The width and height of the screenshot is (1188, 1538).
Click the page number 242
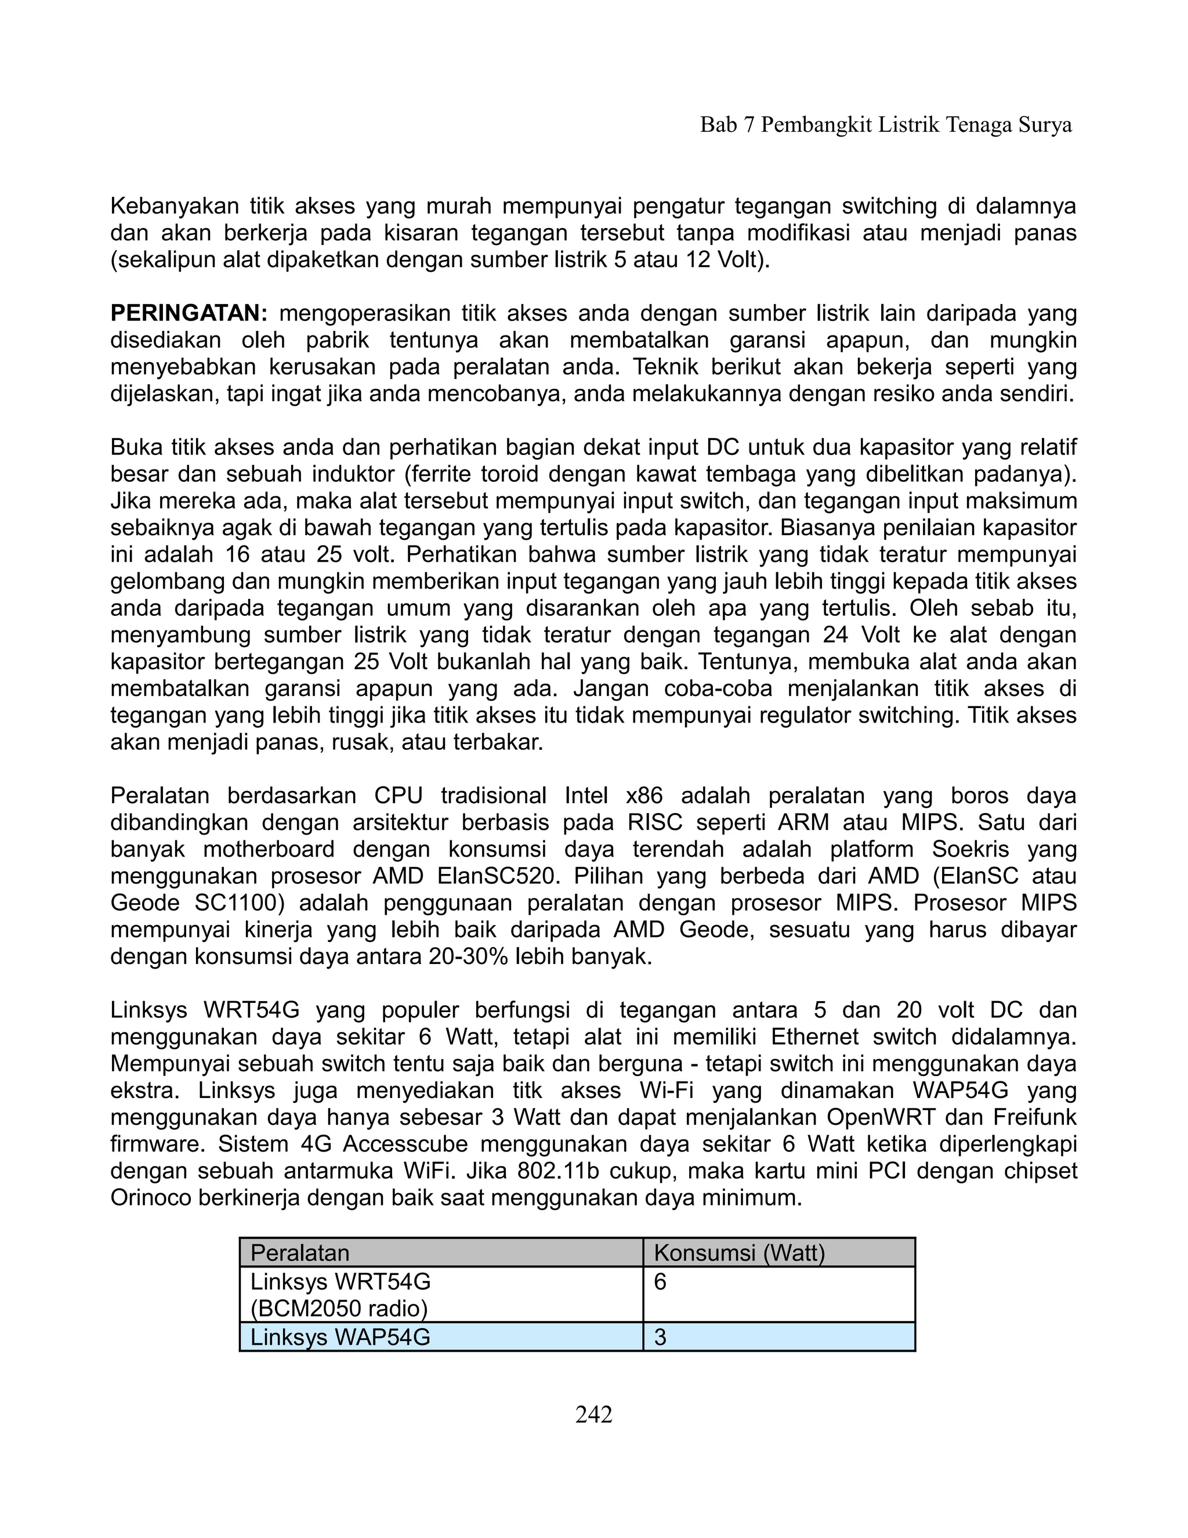click(x=593, y=1414)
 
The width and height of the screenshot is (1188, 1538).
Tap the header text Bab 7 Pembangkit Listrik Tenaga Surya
click(x=885, y=125)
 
